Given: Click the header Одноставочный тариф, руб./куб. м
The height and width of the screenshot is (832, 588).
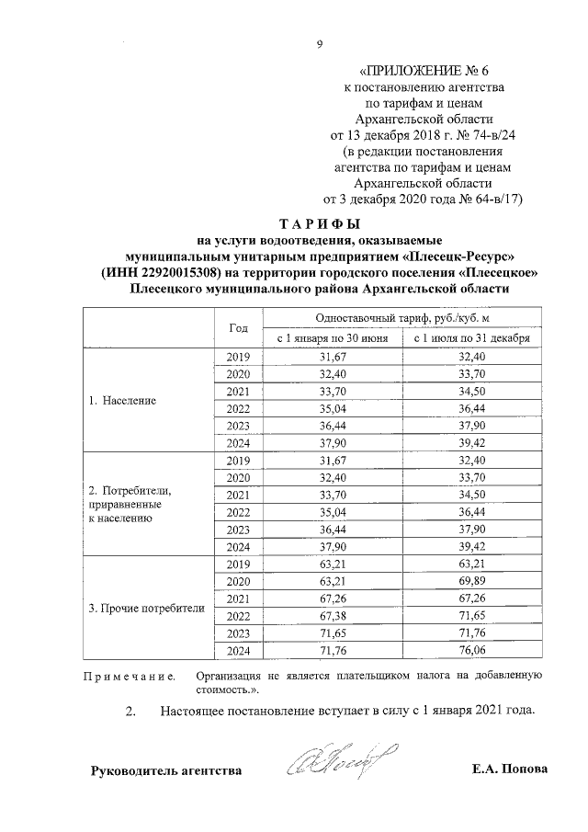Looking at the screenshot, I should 399,316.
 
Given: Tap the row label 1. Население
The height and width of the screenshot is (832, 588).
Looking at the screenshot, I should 122,401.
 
